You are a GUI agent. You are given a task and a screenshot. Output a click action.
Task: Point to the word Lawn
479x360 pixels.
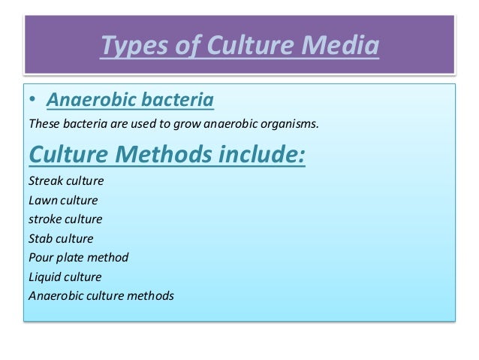point(42,201)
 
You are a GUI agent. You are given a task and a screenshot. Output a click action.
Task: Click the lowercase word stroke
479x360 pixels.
point(44,219)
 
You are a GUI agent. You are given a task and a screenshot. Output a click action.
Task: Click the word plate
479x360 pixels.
point(70,257)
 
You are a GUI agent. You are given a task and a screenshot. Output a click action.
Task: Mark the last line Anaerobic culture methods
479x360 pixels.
point(101,295)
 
